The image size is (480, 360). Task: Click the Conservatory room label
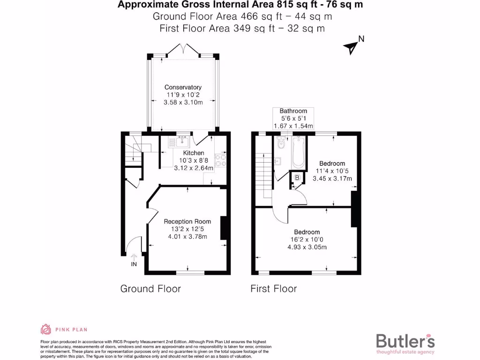(x=183, y=87)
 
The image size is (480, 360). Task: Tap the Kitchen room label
(x=193, y=153)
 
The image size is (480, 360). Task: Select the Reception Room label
(x=187, y=221)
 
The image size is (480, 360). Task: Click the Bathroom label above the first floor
(x=293, y=111)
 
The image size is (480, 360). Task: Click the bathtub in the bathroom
(x=298, y=152)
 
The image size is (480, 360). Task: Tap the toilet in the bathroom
(x=280, y=143)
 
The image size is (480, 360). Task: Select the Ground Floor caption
(x=150, y=288)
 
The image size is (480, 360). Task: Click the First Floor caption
(x=273, y=288)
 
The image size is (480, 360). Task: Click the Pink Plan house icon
(x=46, y=330)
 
